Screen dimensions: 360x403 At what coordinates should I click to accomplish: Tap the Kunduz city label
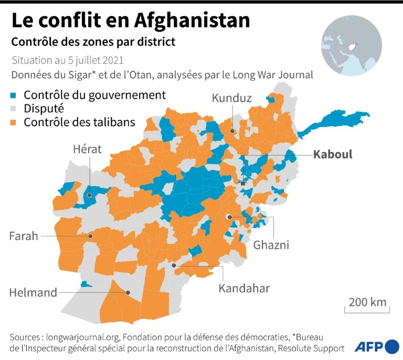pyautogui.click(x=231, y=98)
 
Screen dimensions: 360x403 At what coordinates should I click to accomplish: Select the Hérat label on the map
pyautogui.click(x=88, y=150)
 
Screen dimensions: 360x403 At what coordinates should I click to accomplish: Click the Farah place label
pyautogui.click(x=24, y=236)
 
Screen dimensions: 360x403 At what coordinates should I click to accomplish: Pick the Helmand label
pyautogui.click(x=33, y=293)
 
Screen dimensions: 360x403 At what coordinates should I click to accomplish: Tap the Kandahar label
pyautogui.click(x=244, y=288)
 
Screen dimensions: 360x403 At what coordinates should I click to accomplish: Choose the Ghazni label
pyautogui.click(x=271, y=245)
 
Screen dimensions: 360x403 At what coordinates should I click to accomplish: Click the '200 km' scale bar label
pyautogui.click(x=367, y=302)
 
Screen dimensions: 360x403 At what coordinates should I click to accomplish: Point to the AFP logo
pyautogui.click(x=376, y=346)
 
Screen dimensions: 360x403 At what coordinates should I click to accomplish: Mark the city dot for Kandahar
pyautogui.click(x=174, y=266)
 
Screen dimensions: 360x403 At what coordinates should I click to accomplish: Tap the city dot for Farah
pyautogui.click(x=90, y=236)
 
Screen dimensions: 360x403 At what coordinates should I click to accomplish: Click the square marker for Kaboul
pyautogui.click(x=242, y=184)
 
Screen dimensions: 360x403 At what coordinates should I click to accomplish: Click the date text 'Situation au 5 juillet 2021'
pyautogui.click(x=67, y=60)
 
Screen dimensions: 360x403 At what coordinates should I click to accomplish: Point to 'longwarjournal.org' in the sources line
pyautogui.click(x=83, y=336)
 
